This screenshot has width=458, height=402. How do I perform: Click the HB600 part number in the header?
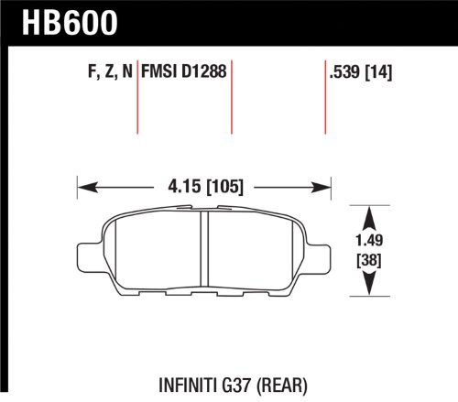point(70,23)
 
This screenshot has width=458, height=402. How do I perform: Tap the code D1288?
point(204,71)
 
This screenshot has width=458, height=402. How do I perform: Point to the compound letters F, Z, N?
point(110,72)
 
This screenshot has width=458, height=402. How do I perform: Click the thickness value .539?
point(344,72)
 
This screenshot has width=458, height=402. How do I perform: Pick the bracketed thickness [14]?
point(378,72)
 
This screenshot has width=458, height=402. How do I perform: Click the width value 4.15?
point(184,187)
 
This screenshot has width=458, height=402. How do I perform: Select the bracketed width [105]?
point(225,187)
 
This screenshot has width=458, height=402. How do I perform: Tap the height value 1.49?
point(369,240)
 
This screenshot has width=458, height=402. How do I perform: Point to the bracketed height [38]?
point(369,260)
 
